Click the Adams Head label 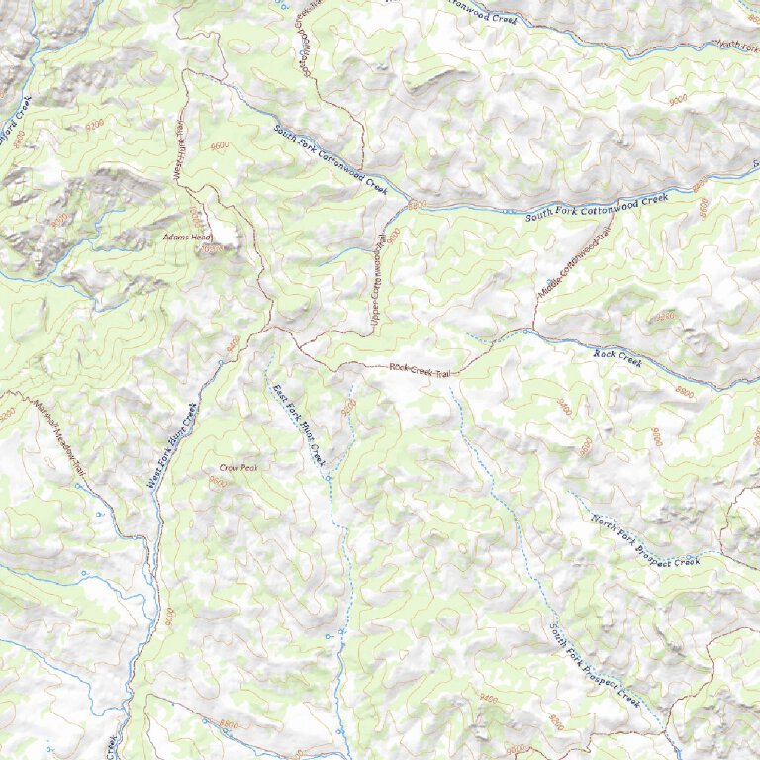pos(189,238)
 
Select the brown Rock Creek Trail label pos(420,370)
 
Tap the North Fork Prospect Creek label pos(645,541)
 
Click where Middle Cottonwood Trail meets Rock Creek pos(533,330)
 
